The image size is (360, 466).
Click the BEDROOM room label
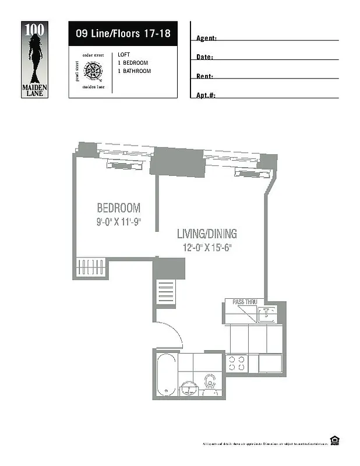pyautogui.click(x=118, y=208)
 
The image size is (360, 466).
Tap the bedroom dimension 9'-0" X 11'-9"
pyautogui.click(x=119, y=221)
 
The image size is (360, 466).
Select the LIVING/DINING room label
pyautogui.click(x=207, y=234)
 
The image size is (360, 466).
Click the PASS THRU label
pyautogui.click(x=244, y=302)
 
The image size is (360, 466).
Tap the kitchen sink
pyautogui.click(x=267, y=314)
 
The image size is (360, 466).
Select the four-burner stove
pyautogui.click(x=237, y=363)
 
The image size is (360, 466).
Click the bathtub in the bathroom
pyautogui.click(x=165, y=374)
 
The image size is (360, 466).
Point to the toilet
pyautogui.click(x=210, y=383)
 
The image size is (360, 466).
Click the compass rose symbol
pyautogui.click(x=92, y=72)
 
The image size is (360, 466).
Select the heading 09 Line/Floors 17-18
pyautogui.click(x=123, y=33)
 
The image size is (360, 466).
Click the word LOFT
pyautogui.click(x=123, y=54)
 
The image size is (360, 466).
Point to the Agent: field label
pyautogui.click(x=206, y=38)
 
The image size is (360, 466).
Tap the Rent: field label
pyautogui.click(x=204, y=76)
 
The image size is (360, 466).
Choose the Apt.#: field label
pyautogui.click(x=206, y=95)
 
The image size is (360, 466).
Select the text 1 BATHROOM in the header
pyautogui.click(x=134, y=71)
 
